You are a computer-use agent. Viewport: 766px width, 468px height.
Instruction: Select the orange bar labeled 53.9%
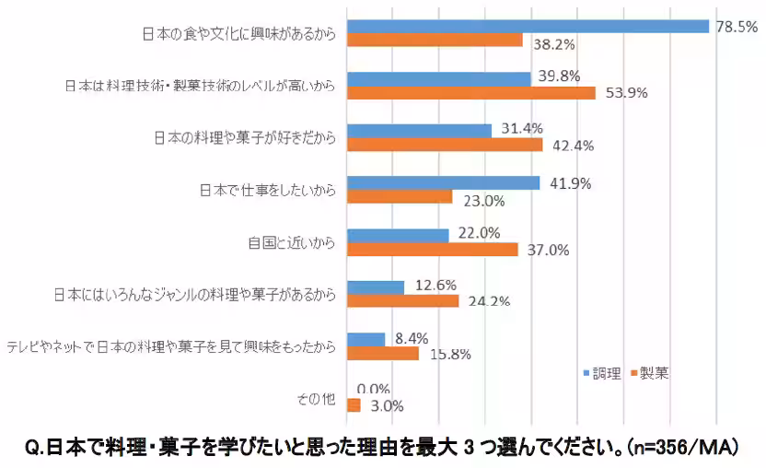click(x=470, y=93)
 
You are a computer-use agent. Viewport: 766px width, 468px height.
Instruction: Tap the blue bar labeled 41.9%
click(x=443, y=182)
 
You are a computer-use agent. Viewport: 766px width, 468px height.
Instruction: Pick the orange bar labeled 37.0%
click(x=432, y=249)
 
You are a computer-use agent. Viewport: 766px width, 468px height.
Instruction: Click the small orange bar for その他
click(x=353, y=405)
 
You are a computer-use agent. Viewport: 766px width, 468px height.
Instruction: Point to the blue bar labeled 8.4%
click(x=366, y=339)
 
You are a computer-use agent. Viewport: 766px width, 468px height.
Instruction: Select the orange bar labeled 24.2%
click(x=402, y=300)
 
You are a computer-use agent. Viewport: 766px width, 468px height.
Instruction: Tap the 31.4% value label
click(x=522, y=128)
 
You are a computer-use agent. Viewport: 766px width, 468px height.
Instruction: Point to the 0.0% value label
click(x=373, y=389)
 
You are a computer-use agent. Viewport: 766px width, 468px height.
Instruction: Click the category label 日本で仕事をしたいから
click(x=266, y=192)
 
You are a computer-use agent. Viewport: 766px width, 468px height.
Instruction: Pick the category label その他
click(x=315, y=399)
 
